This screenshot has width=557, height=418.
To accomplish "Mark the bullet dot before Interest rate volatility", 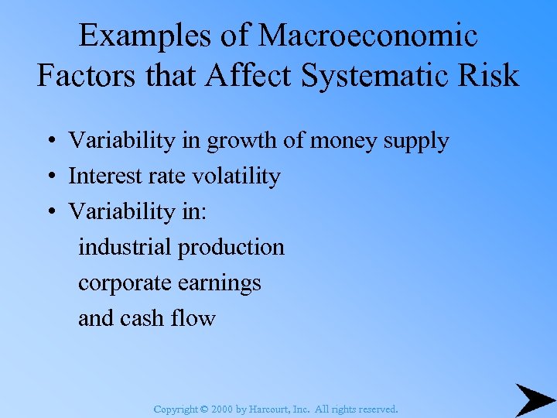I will click(x=48, y=177).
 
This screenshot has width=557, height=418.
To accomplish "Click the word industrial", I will click(x=125, y=248).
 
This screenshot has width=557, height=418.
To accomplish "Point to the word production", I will click(x=232, y=248).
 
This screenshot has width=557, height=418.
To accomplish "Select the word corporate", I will click(x=125, y=284).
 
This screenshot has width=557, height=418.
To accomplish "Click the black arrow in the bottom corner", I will click(x=535, y=399).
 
